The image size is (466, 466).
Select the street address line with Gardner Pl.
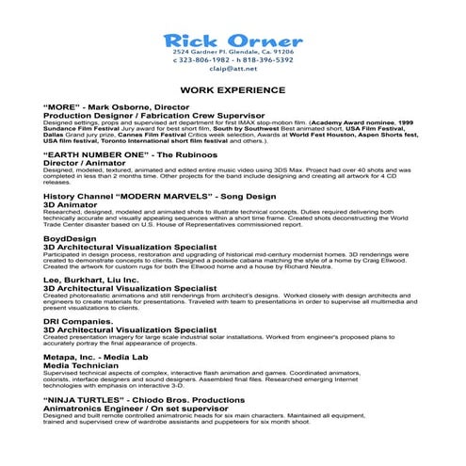coord(233,51)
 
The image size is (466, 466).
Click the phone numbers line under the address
coord(233,58)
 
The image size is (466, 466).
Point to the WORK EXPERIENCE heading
coord(233,90)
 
